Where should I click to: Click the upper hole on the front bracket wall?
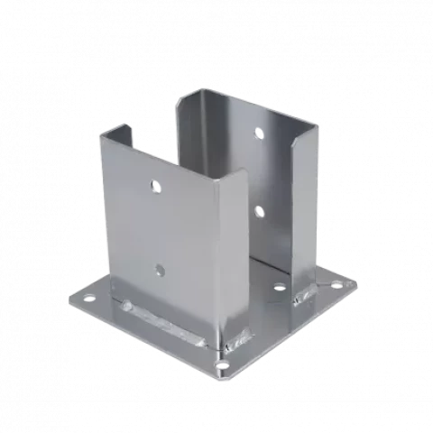coord(155,188)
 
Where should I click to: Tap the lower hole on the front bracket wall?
coord(160,269)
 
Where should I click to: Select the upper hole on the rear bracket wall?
coord(259,135)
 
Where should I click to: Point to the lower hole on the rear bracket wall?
coord(259,212)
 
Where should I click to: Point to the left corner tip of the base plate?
coord(65,298)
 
